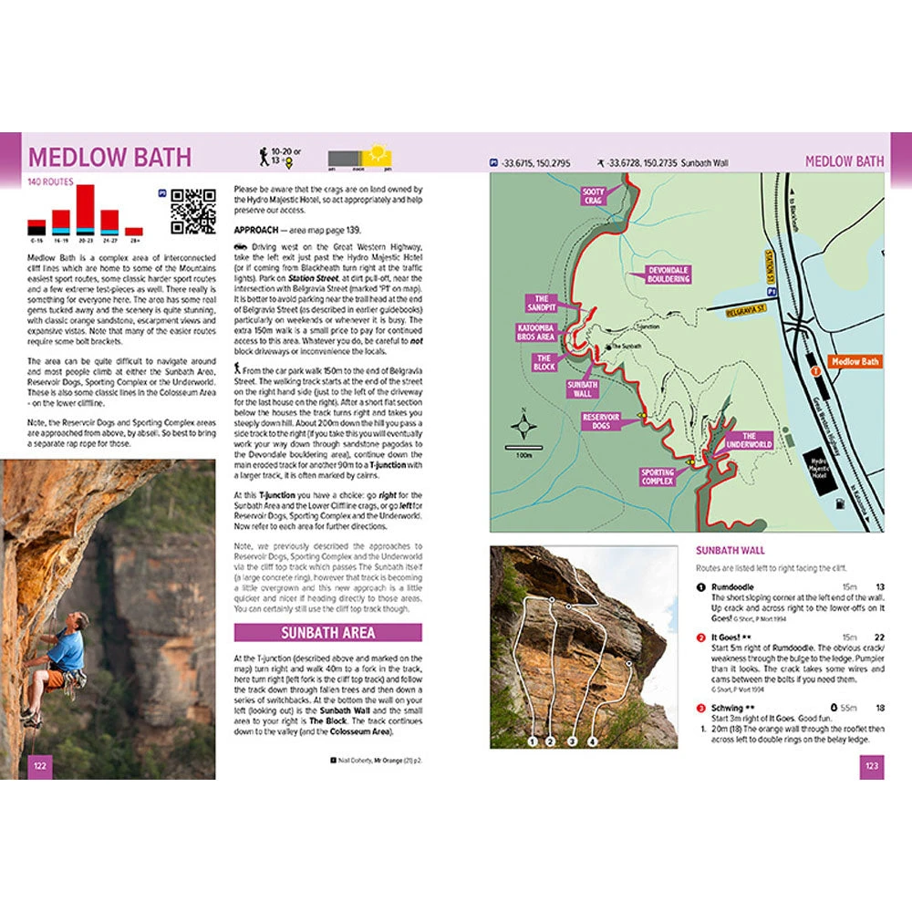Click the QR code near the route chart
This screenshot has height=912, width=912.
point(192,212)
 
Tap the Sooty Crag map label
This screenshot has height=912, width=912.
point(593,197)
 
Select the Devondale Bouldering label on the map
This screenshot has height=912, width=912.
point(668,275)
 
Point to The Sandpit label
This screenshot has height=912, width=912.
point(541,304)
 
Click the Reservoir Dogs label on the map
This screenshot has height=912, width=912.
point(602,421)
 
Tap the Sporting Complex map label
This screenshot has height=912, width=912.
point(657,477)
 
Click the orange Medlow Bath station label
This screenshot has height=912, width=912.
point(855,362)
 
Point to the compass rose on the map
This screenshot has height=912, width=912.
point(523,427)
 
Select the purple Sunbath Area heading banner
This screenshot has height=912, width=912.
point(328,632)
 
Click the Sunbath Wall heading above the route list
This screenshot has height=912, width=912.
point(730,551)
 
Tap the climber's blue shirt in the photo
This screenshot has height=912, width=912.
point(67,649)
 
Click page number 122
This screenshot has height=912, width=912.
point(40,765)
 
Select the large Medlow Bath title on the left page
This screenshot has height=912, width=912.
point(109,156)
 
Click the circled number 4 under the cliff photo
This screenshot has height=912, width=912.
point(593,741)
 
